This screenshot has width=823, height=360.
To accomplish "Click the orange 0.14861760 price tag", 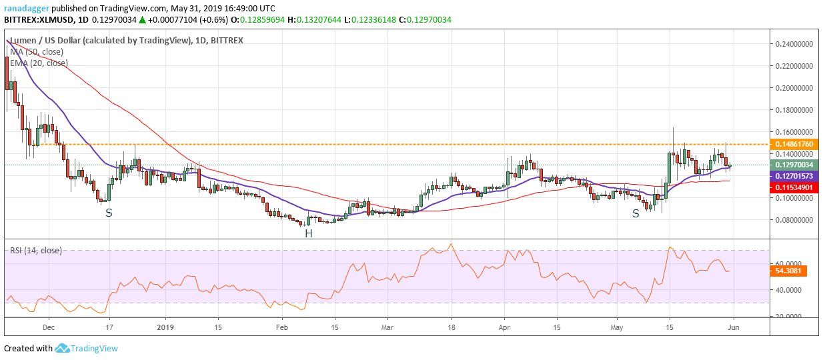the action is [x=794, y=144].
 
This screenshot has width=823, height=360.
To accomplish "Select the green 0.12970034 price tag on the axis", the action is [x=794, y=165].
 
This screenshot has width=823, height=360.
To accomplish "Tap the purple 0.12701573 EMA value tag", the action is [x=794, y=176].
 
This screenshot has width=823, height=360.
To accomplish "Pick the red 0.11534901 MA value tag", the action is [x=794, y=188].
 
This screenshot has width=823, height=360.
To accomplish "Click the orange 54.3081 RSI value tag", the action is [x=788, y=271].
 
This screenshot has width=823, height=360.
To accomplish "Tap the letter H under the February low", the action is [x=309, y=233].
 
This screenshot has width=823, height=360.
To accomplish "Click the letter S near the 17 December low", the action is [x=109, y=213].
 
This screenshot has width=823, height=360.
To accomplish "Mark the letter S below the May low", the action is [x=636, y=213].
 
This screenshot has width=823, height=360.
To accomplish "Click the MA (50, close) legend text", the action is [x=37, y=52].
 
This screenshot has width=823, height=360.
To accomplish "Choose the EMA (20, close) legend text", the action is [x=39, y=63].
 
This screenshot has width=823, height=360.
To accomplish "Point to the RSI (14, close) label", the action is [x=36, y=251].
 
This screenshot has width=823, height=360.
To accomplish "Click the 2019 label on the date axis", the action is [x=165, y=327].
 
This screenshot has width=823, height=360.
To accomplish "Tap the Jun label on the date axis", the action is [x=734, y=327].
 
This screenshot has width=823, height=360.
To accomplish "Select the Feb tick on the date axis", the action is [x=282, y=327].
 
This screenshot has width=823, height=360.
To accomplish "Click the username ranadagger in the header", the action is [x=27, y=9].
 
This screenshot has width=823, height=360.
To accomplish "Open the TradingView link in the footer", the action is [x=94, y=348].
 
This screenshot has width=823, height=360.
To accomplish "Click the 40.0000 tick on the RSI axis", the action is [x=788, y=290].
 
